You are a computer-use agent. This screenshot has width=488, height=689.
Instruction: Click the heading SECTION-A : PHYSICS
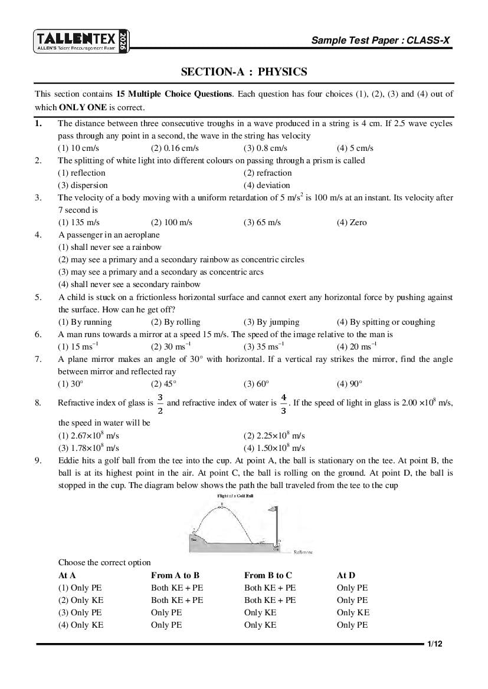[x=244, y=72]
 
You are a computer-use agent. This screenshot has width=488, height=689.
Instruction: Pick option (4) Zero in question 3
[x=352, y=222]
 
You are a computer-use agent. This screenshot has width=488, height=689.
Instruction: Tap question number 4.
[x=38, y=235]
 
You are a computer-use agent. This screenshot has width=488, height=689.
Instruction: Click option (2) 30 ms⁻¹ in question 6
[x=171, y=347]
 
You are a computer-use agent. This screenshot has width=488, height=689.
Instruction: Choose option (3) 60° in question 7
[x=256, y=384]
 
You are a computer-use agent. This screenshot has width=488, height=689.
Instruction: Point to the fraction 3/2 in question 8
[x=160, y=404]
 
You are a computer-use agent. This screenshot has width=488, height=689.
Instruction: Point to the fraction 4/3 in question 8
[x=283, y=404]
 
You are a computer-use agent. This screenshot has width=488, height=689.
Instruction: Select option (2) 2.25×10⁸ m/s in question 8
[x=274, y=436]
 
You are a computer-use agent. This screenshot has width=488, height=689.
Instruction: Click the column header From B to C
[x=268, y=575]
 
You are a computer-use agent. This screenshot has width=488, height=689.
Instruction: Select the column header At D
[x=346, y=575]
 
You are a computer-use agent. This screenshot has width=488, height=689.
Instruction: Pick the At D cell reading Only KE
[x=353, y=612]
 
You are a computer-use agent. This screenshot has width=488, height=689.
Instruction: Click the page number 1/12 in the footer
[x=435, y=644]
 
